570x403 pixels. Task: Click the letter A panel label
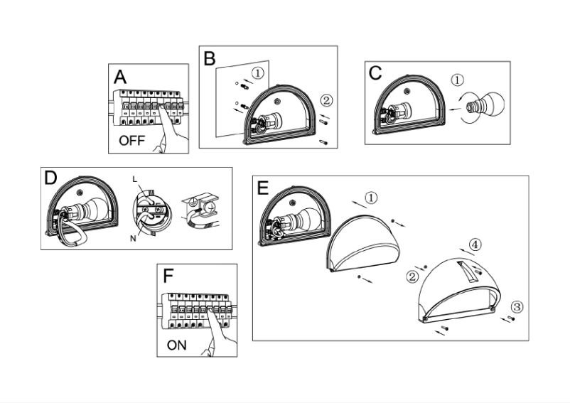pyautogui.click(x=120, y=76)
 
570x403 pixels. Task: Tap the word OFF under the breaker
pyautogui.click(x=131, y=141)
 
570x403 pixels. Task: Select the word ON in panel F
pyautogui.click(x=178, y=345)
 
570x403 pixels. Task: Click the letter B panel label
pyautogui.click(x=210, y=58)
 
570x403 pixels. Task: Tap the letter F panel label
pyautogui.click(x=168, y=276)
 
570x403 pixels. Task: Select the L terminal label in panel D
pyautogui.click(x=134, y=178)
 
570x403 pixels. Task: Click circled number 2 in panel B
pyautogui.click(x=325, y=100)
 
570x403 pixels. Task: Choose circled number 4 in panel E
pyautogui.click(x=474, y=245)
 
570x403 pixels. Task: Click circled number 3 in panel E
pyautogui.click(x=517, y=307)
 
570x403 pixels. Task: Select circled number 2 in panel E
pyautogui.click(x=412, y=275)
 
